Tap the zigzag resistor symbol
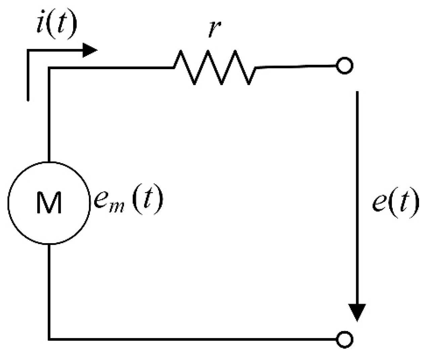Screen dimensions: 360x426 [x=214, y=67]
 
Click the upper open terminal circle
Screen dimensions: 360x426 [x=344, y=66]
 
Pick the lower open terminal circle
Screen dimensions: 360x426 [x=344, y=339]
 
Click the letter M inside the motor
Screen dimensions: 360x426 [x=49, y=203]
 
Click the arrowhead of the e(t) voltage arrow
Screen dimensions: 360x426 [x=357, y=312]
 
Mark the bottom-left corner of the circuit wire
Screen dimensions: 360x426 [x=49, y=339]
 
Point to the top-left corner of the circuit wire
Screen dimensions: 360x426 [x=49, y=68]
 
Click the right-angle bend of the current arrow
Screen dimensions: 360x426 [x=28, y=51]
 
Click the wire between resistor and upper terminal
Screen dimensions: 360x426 [x=296, y=67]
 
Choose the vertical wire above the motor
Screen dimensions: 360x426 [x=49, y=114]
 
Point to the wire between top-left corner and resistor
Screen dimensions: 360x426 [x=111, y=68]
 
